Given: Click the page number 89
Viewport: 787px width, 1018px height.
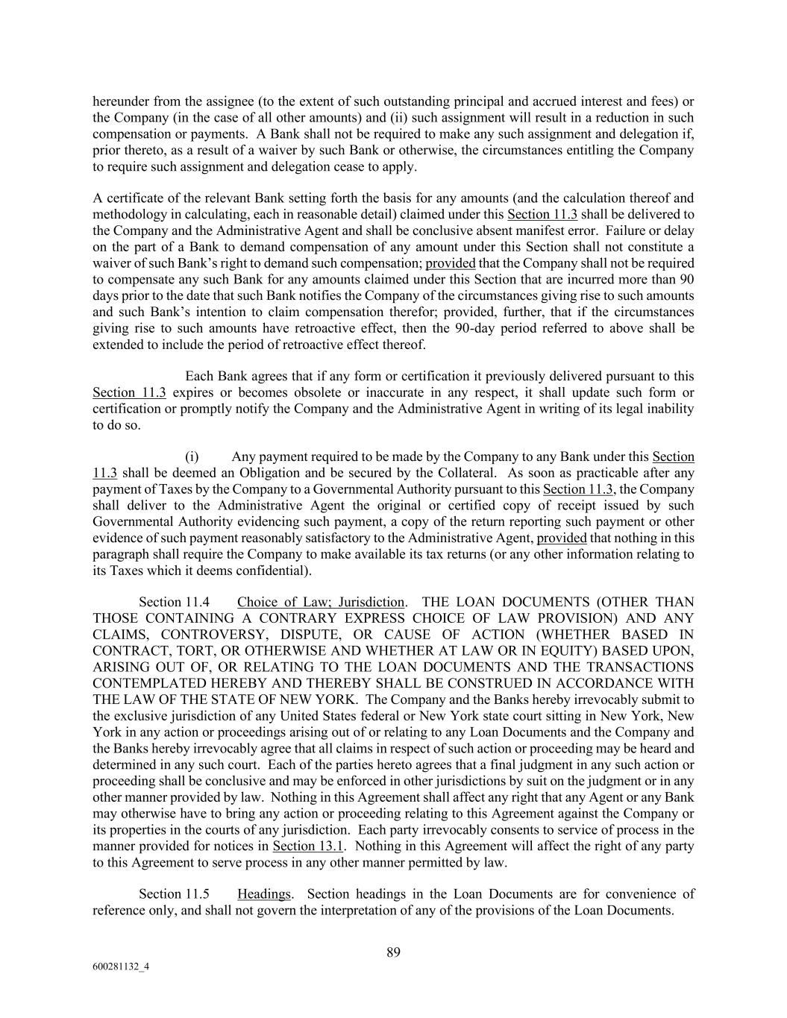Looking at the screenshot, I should (x=394, y=952).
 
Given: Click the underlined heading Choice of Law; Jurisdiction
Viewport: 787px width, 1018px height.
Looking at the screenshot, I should (x=321, y=602).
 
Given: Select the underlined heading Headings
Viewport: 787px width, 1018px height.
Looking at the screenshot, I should (x=263, y=893).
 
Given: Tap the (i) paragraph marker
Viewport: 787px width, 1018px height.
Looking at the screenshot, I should (x=192, y=456).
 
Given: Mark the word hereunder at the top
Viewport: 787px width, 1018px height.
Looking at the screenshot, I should (x=121, y=101).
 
